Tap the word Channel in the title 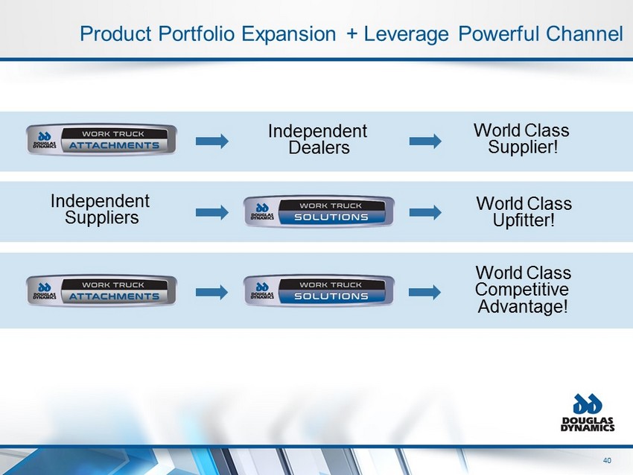(x=584, y=34)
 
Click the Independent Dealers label (x=318, y=139)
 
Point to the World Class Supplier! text (x=521, y=138)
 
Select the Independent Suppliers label (x=100, y=209)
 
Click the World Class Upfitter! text (x=524, y=212)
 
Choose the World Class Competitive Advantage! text (x=524, y=290)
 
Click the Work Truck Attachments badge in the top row (x=101, y=140)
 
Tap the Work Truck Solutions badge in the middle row (x=319, y=211)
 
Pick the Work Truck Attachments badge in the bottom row (x=101, y=290)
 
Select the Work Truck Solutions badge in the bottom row (x=319, y=290)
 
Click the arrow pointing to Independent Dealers (x=212, y=141)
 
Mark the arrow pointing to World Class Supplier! (x=425, y=141)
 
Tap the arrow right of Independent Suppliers (x=212, y=213)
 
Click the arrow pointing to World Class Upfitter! (x=425, y=213)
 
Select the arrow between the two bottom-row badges (x=212, y=292)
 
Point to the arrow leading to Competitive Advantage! (x=424, y=292)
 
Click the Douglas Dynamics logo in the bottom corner (x=588, y=412)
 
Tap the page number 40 (x=607, y=460)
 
